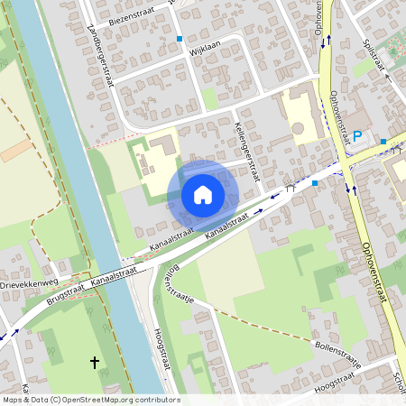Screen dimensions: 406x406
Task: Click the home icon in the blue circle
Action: coord(203,194)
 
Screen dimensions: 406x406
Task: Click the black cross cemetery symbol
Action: coord(94,362)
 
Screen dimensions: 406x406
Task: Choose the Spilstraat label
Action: coord(380,54)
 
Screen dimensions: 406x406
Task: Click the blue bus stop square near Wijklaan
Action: coord(180,39)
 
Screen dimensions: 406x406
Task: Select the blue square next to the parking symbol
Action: coord(383,141)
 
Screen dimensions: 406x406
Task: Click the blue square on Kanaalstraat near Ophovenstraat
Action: coord(315,183)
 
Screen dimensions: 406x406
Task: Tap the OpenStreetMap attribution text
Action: coord(89,400)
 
